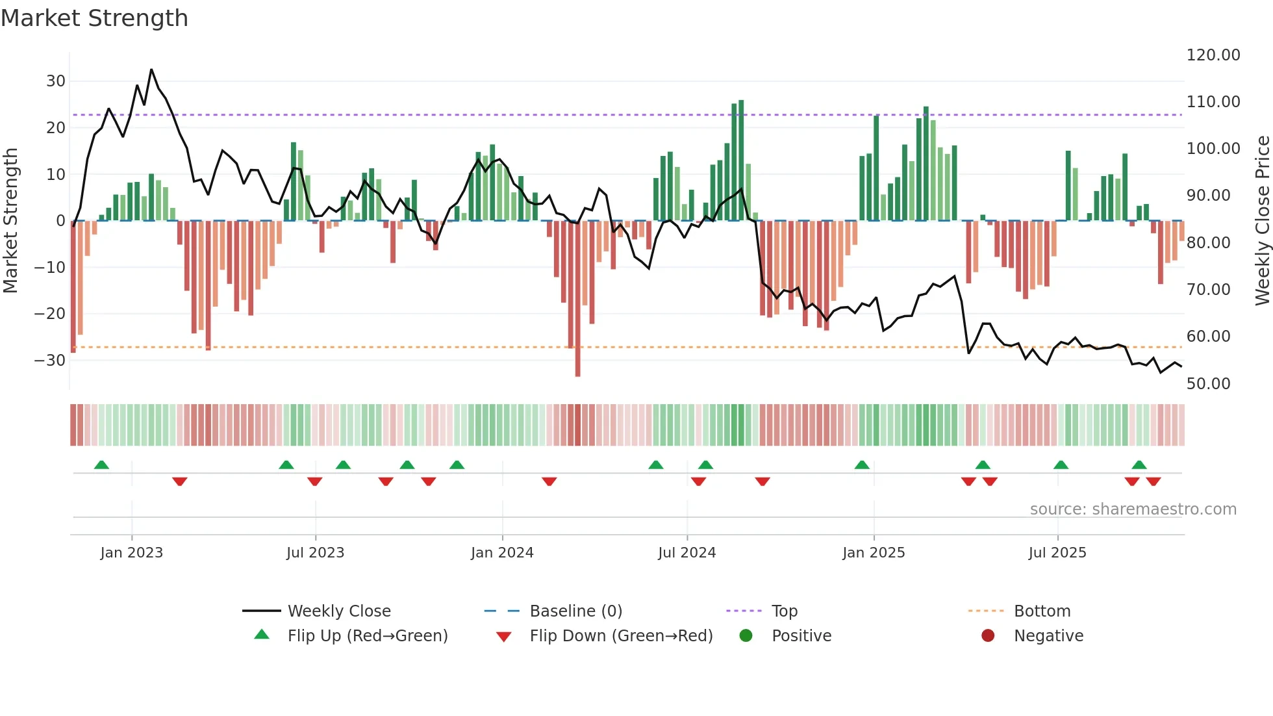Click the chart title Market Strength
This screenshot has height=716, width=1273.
point(94,18)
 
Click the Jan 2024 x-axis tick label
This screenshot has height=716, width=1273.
point(502,553)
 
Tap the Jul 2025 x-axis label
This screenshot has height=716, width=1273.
point(1057,553)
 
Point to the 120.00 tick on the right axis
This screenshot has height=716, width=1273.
point(1213,55)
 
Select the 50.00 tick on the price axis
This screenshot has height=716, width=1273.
point(1208,384)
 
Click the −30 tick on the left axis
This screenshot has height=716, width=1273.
point(50,361)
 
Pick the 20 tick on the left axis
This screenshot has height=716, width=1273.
point(56,128)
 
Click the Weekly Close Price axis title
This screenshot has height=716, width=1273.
point(1262,221)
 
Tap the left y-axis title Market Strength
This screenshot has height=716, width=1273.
point(11,221)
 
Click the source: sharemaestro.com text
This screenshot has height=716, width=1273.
point(1133,509)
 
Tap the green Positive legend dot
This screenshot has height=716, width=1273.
point(746,636)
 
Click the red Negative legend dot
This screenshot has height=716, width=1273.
point(988,636)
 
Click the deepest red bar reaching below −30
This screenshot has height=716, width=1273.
point(577,299)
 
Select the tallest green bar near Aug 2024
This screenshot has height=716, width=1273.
point(741,160)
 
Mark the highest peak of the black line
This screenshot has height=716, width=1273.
point(151,70)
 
